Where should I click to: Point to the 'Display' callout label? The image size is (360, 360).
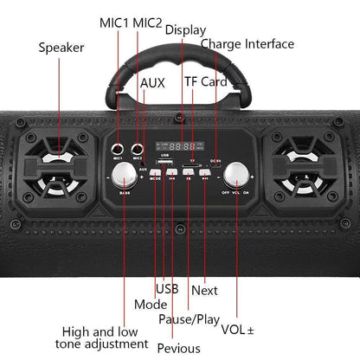coord(186,30)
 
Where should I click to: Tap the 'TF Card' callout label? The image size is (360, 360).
coord(204,81)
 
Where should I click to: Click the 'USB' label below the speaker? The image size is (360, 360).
coord(166,289)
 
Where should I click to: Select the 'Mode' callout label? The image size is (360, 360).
coord(151,305)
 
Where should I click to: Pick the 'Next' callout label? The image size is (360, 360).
coord(204,290)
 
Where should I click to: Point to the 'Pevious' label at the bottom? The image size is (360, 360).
coord(180,348)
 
